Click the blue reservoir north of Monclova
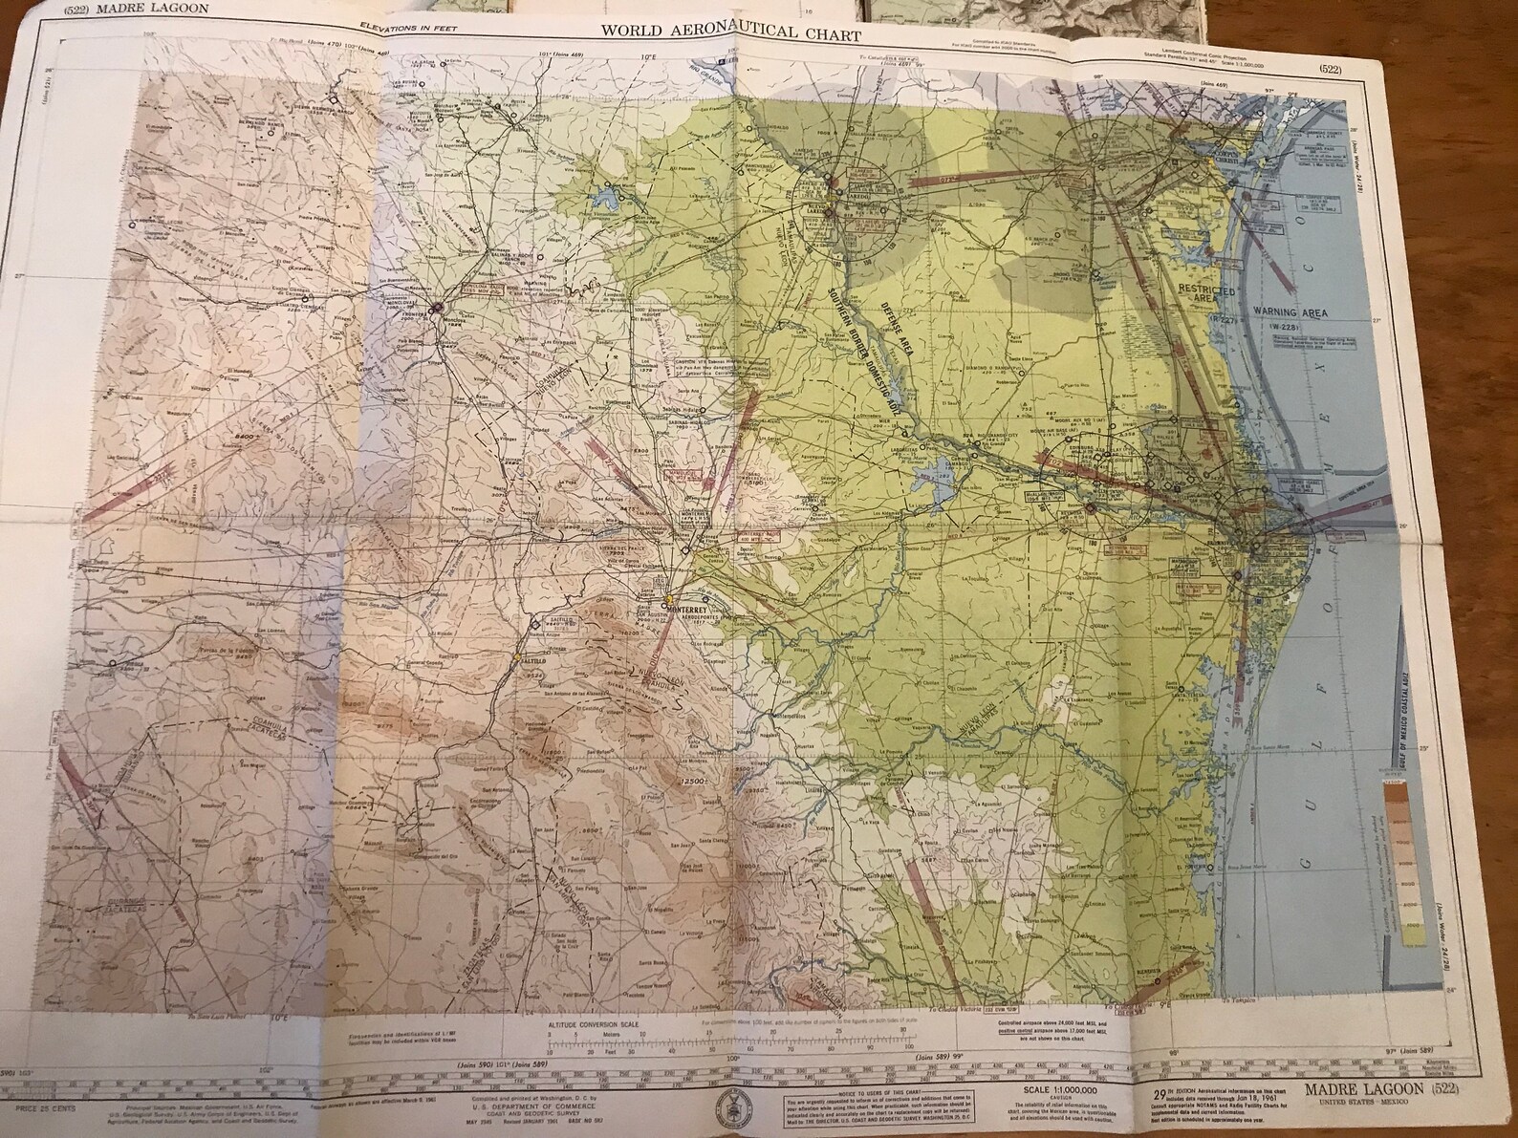(x=606, y=199)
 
